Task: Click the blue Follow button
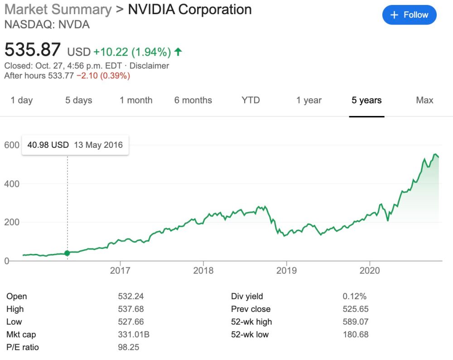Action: tap(409, 15)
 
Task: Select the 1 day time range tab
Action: tap(22, 100)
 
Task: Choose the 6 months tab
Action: tap(193, 100)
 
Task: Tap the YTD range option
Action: tap(251, 100)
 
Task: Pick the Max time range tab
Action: tap(424, 100)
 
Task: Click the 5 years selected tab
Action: tap(366, 100)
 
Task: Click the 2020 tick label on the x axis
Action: tap(370, 271)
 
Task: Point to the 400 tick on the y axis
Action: tap(12, 184)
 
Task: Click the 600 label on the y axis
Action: tap(12, 145)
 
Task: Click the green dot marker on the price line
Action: tap(67, 253)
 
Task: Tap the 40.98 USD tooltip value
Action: tap(48, 145)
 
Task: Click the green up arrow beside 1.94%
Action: tap(178, 52)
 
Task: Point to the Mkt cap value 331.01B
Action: tap(134, 335)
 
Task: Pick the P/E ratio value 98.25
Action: tap(128, 347)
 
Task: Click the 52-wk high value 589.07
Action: tap(356, 322)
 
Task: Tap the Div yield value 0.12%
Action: tap(354, 297)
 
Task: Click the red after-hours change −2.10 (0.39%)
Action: tap(103, 76)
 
